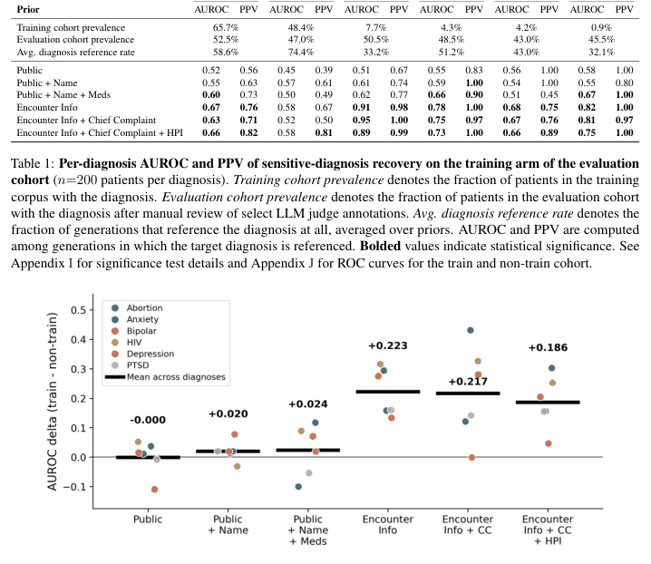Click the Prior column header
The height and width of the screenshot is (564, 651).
[28, 9]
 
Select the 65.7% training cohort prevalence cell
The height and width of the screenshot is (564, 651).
[226, 27]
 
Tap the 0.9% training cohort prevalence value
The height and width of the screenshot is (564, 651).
[601, 27]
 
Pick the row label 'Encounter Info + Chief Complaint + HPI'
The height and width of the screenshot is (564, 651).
[100, 133]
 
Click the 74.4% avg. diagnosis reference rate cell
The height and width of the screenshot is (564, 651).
[301, 52]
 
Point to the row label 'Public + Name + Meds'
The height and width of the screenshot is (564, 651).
[63, 94]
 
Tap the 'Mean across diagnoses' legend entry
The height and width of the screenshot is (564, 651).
[165, 376]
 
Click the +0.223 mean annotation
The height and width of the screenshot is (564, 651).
[388, 345]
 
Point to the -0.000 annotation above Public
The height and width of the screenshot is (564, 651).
[148, 420]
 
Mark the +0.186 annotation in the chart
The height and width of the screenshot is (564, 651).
[548, 347]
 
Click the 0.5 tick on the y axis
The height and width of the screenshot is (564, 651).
[78, 310]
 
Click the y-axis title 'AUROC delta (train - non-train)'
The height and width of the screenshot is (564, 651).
[52, 401]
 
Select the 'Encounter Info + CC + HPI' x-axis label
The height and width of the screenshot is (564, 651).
[548, 530]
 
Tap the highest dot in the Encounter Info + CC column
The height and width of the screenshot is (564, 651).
[471, 330]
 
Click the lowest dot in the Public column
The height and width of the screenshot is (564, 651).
[154, 490]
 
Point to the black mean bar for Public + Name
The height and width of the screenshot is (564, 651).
[228, 451]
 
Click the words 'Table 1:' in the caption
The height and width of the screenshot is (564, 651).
[33, 163]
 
